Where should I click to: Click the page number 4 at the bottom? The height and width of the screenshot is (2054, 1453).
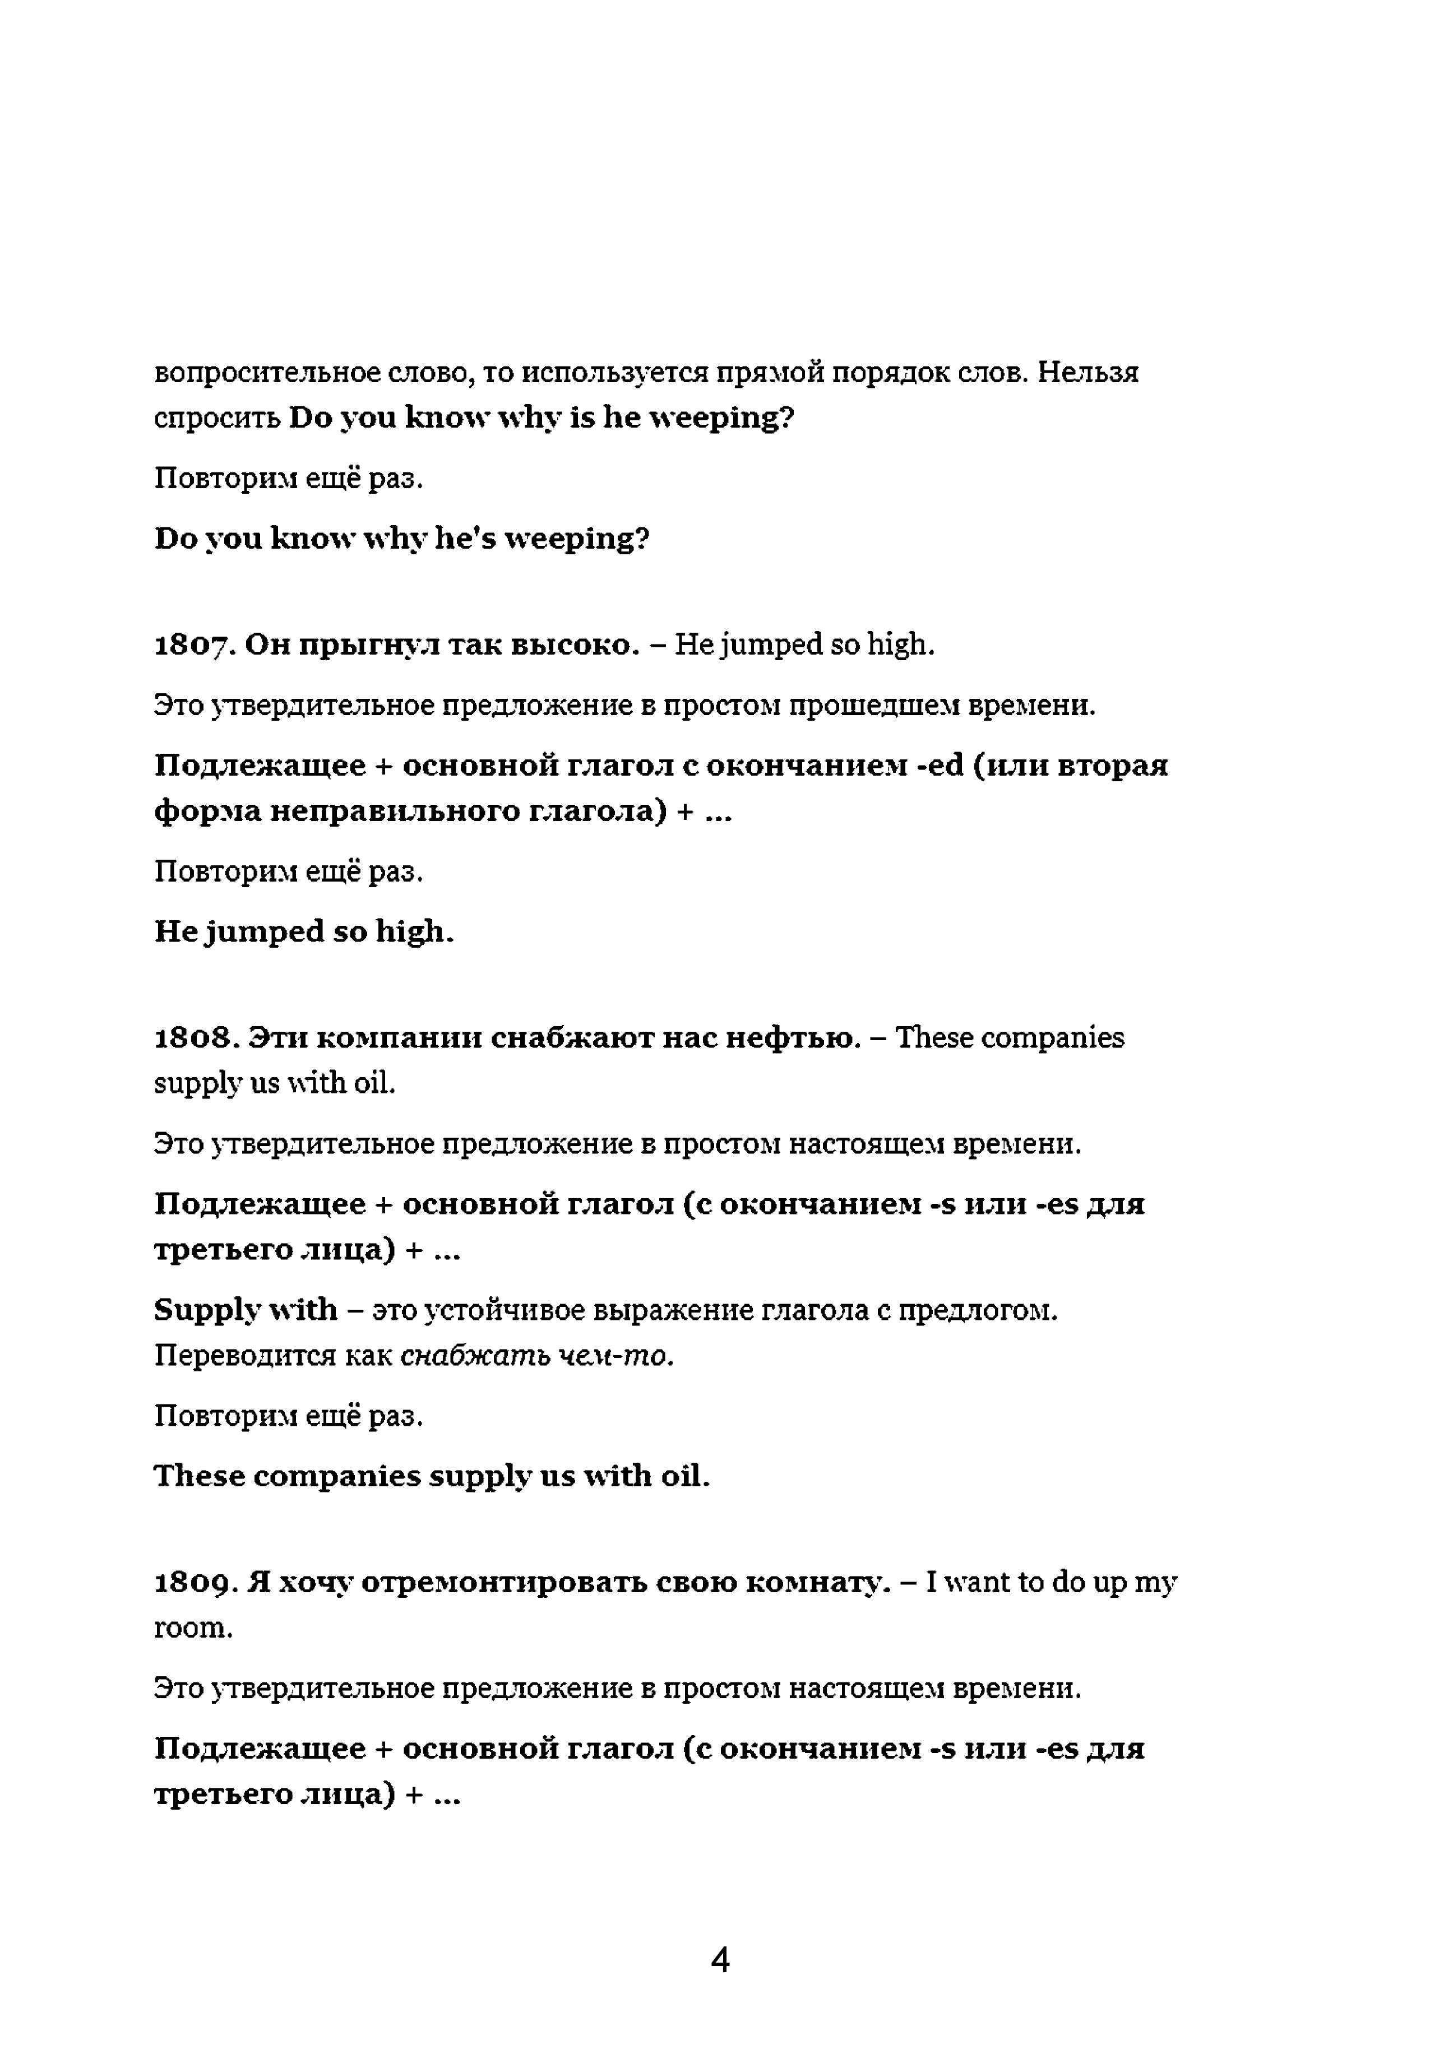[720, 1959]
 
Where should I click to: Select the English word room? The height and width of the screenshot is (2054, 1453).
[192, 1628]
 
